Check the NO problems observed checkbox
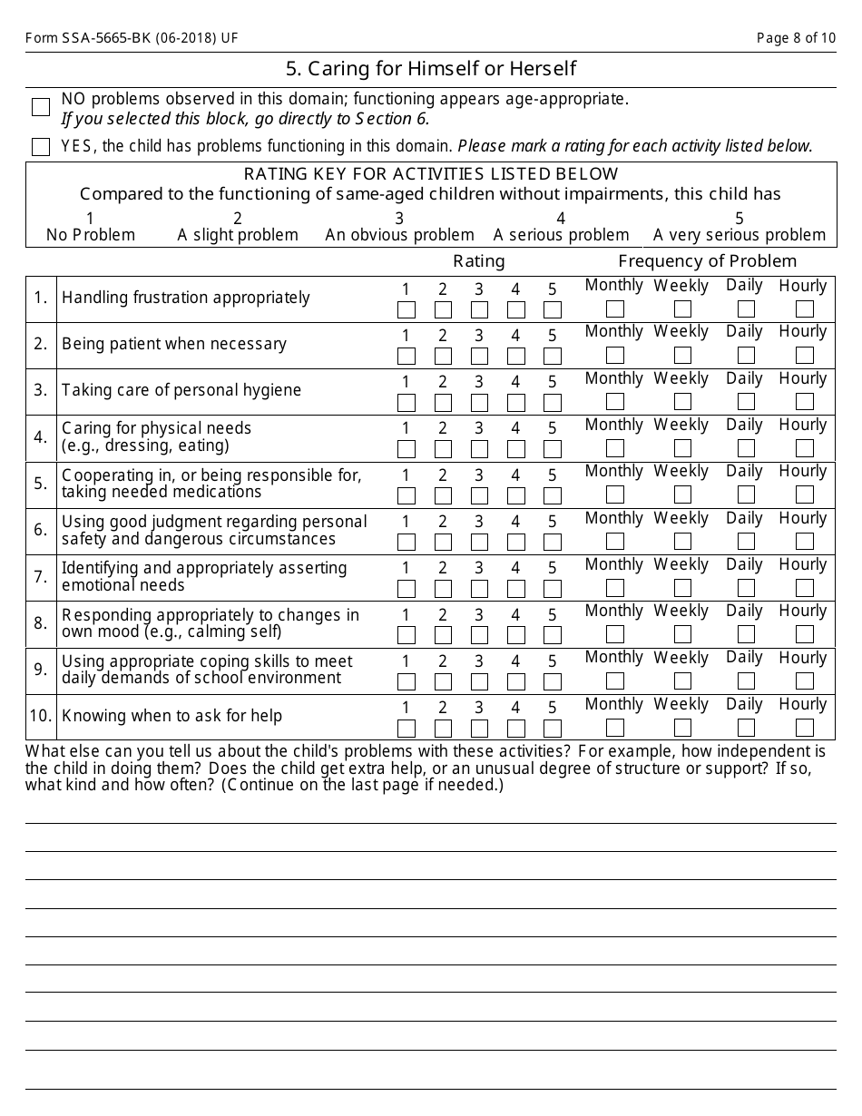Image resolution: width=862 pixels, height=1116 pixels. tap(41, 107)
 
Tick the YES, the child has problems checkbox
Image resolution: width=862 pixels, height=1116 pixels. tap(41, 147)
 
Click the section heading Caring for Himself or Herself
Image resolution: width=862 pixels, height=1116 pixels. tap(431, 69)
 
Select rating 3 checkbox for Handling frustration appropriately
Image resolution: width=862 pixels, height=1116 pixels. tap(479, 309)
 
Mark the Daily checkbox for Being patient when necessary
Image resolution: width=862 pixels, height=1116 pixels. tap(746, 356)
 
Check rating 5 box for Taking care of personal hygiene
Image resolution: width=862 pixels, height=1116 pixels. tap(552, 403)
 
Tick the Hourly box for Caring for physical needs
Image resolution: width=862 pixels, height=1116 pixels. tap(804, 448)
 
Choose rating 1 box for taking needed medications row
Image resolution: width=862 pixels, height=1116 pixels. tap(407, 495)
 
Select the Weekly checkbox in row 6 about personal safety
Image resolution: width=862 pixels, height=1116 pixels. tap(682, 542)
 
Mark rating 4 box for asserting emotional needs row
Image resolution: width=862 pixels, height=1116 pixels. tap(515, 589)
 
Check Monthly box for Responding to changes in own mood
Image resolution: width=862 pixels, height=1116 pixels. tap(614, 634)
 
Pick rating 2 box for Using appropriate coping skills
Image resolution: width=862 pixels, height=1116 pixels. tap(443, 681)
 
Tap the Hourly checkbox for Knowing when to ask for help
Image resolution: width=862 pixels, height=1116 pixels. tap(804, 728)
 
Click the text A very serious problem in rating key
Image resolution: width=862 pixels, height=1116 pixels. tap(740, 235)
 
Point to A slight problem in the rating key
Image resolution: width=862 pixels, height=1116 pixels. tap(238, 235)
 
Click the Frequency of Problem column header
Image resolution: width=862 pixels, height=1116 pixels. tap(708, 261)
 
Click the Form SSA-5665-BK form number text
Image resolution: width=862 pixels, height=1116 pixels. tap(132, 38)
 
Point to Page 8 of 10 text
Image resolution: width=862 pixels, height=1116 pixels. tap(796, 38)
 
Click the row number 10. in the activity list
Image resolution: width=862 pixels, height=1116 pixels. tap(41, 716)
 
